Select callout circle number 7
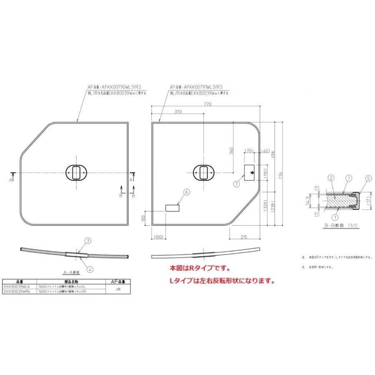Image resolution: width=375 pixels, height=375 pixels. (x=237, y=183)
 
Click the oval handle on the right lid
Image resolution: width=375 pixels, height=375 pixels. (x=204, y=172)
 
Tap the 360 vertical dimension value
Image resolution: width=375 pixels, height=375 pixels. (x=231, y=151)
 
